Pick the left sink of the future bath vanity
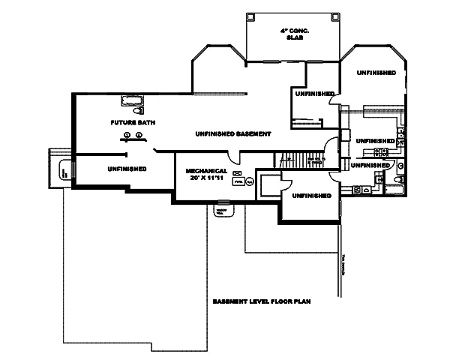click(127, 135)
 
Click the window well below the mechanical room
click(223, 208)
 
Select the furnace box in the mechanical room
click(238, 181)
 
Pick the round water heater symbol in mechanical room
click(250, 181)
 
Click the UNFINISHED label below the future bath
click(126, 169)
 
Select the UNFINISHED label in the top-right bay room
click(377, 73)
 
